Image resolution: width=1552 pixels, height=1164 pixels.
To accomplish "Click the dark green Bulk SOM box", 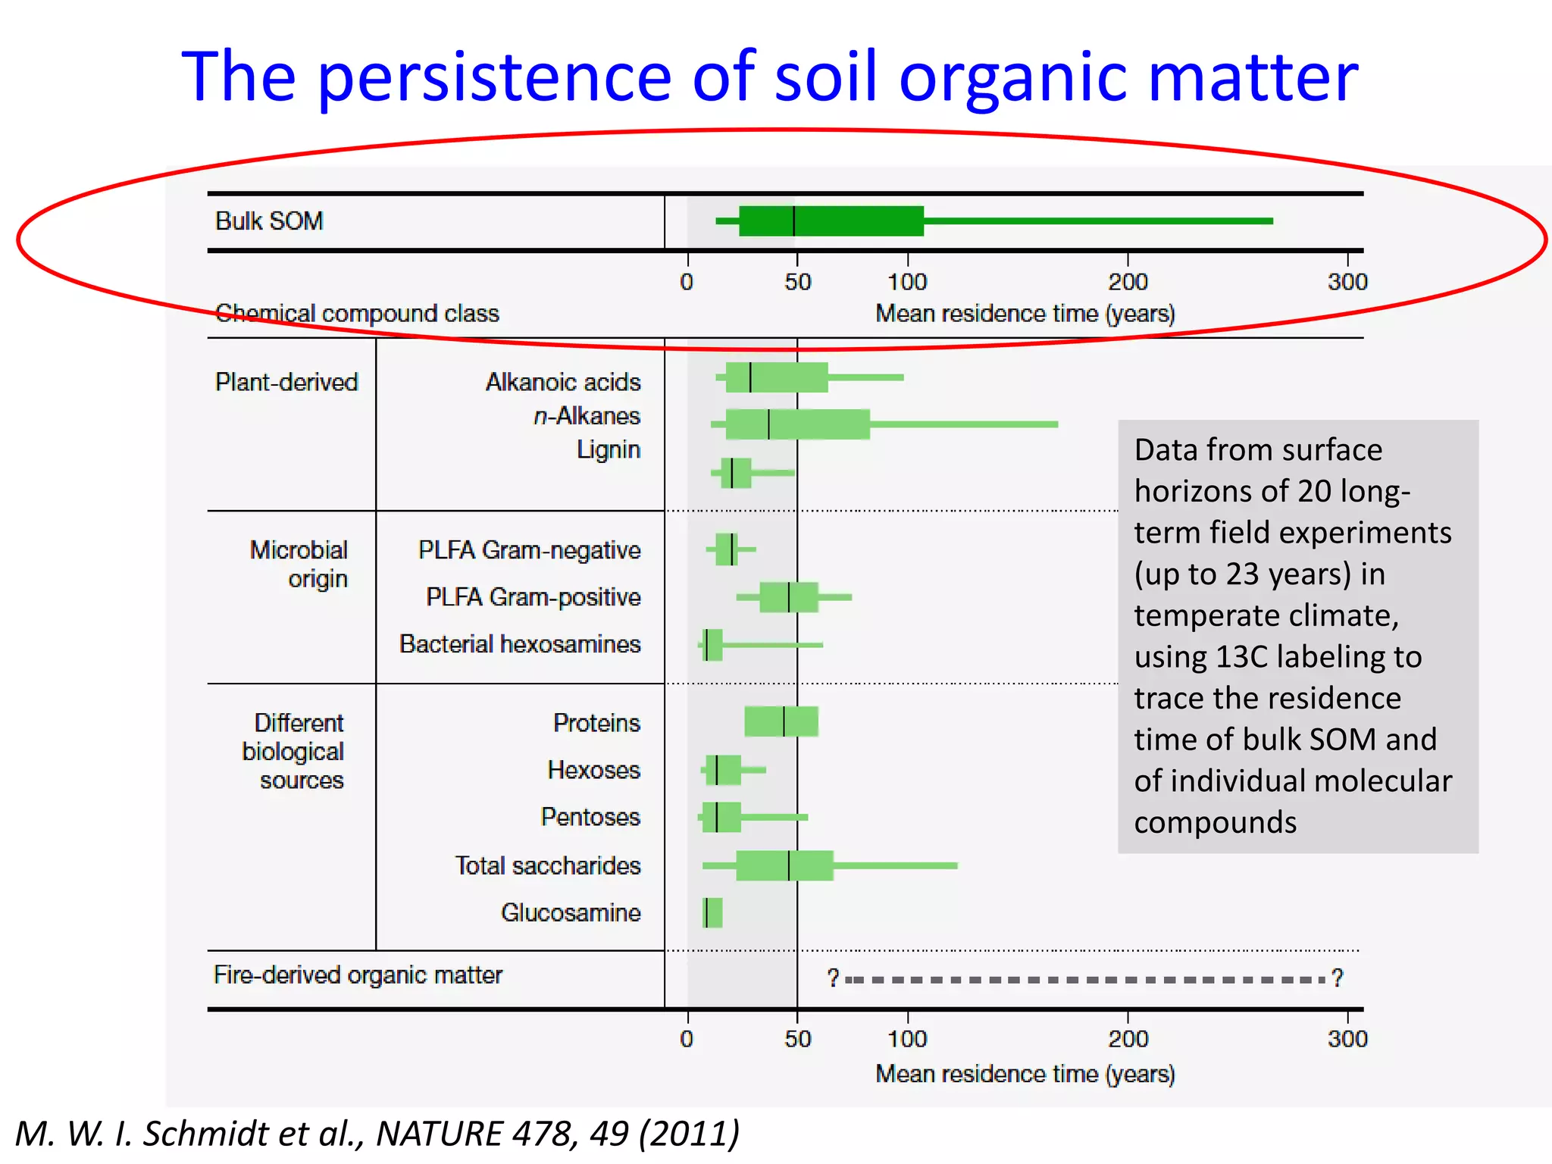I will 831,221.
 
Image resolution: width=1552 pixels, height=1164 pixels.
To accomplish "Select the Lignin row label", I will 609,449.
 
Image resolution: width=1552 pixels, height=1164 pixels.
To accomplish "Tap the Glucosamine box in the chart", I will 712,912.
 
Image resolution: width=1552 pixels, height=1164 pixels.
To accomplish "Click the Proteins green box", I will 781,721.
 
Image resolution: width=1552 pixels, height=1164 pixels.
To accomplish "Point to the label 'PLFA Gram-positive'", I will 533,597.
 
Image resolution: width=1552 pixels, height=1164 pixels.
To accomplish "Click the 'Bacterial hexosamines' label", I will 520,644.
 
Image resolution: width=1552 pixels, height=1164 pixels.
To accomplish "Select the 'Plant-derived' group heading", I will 286,382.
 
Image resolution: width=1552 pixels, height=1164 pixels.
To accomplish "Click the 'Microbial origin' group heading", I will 300,564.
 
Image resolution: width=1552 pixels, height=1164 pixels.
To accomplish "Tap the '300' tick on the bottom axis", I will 1347,1038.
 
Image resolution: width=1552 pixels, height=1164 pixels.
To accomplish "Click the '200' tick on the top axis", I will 1127,282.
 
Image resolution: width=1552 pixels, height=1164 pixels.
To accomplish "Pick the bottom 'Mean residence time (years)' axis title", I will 1025,1074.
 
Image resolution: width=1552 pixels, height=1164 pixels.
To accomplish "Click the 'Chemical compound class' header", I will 357,314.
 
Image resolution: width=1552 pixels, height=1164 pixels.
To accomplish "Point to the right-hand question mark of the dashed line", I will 1338,978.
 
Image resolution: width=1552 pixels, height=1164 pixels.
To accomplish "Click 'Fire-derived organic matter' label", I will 358,975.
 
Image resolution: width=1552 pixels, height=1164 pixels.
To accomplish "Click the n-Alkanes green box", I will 797,424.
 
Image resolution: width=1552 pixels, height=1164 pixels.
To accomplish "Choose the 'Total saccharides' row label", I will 547,865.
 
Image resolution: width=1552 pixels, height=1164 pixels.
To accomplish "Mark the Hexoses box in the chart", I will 723,770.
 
